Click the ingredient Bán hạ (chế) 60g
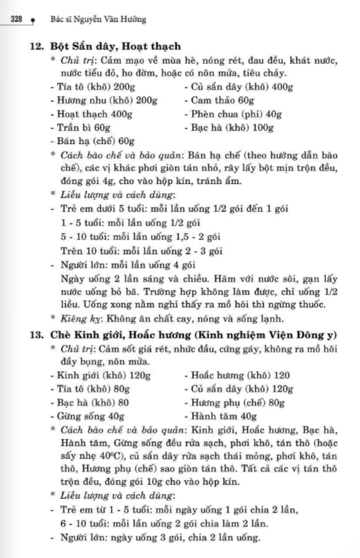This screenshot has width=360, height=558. pyautogui.click(x=92, y=141)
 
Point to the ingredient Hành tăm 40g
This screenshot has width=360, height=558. pyautogui.click(x=220, y=417)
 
